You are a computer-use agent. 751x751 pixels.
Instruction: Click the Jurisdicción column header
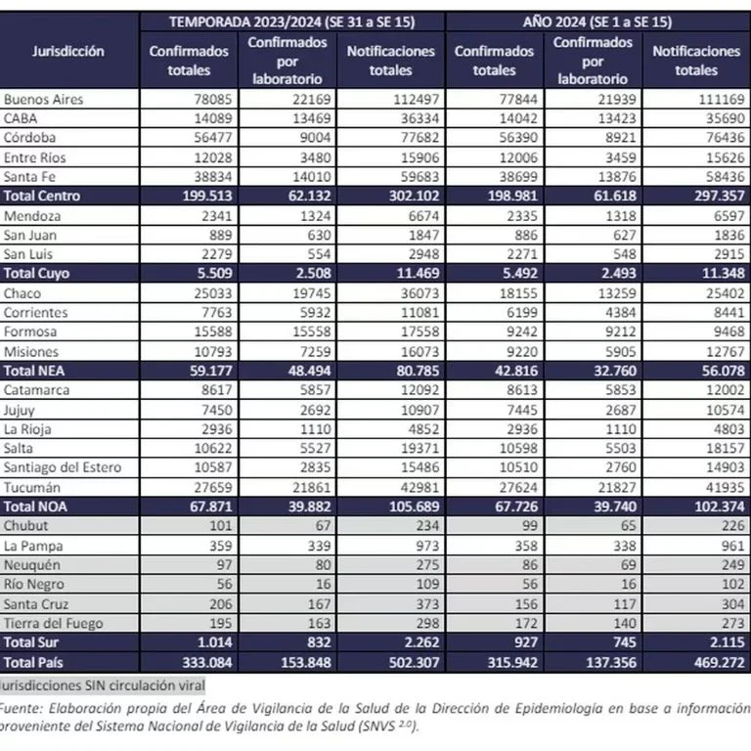tap(68, 51)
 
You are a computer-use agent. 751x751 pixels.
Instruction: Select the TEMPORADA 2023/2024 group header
tap(292, 22)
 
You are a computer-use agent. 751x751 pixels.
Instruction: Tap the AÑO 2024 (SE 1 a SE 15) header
tap(597, 22)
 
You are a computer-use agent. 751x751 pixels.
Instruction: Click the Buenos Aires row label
tap(44, 99)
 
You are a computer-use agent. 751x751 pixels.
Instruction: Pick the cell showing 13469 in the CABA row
tap(312, 118)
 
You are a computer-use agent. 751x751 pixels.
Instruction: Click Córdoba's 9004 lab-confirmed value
tap(315, 138)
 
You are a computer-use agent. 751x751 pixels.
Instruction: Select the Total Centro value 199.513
tap(207, 196)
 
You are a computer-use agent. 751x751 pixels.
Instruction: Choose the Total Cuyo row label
tap(36, 274)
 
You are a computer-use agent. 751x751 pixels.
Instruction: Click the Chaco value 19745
tap(312, 293)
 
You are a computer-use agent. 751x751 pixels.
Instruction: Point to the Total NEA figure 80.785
tap(418, 371)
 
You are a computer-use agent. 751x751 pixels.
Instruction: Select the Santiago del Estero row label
tap(63, 467)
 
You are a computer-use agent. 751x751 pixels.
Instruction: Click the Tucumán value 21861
tap(312, 488)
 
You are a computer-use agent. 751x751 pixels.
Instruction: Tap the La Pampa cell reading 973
tap(427, 546)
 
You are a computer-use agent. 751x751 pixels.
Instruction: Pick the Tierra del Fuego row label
tap(53, 624)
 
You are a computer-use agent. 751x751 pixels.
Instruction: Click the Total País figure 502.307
tap(415, 663)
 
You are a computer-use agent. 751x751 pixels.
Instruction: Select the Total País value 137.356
tap(611, 663)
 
